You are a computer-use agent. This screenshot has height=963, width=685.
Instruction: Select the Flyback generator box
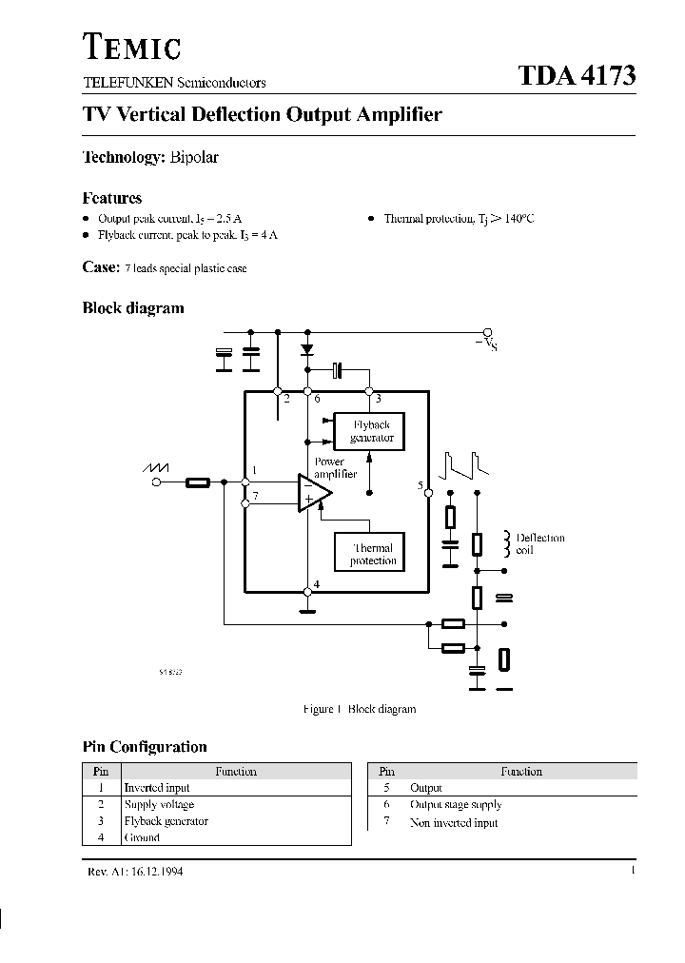370,431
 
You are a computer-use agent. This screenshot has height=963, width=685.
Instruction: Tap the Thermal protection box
372,554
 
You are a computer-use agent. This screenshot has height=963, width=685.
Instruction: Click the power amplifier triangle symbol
313,491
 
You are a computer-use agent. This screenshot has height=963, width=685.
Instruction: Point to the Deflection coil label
540,543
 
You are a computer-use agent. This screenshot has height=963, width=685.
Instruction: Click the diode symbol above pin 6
307,350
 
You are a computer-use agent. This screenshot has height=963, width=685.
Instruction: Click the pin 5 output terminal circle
428,493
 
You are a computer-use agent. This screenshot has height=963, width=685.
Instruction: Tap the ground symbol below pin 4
307,593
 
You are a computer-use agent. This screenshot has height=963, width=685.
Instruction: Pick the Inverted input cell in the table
157,788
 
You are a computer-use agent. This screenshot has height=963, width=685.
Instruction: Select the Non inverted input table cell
454,822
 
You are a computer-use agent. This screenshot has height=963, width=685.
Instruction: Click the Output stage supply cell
455,805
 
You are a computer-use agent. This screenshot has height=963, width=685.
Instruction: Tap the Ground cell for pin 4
142,838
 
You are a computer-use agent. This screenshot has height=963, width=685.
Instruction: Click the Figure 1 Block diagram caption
359,709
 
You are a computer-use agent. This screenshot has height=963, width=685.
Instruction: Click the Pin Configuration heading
145,747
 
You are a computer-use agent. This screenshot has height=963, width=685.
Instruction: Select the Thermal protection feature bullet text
459,218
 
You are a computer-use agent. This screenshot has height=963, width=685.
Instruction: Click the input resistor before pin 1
198,482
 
